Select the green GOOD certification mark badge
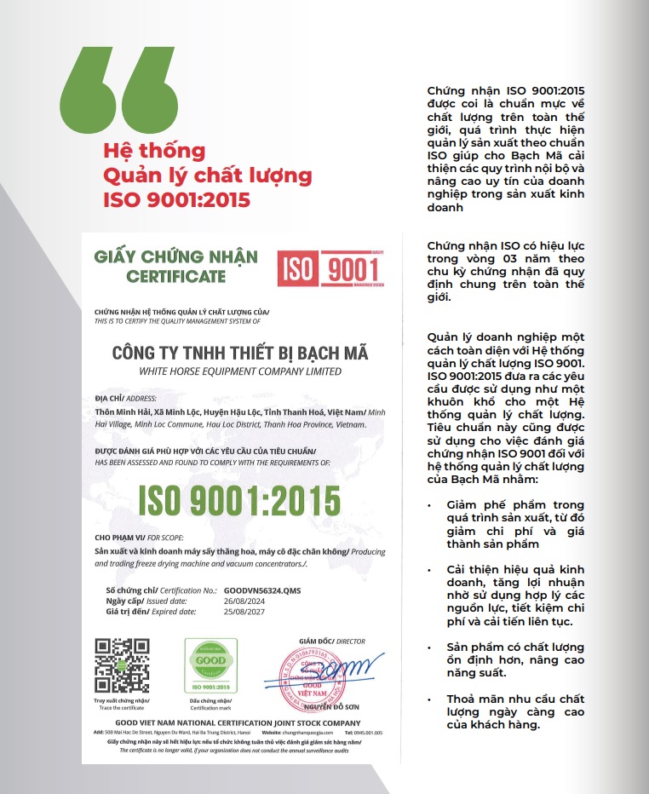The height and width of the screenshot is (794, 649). tap(210, 665)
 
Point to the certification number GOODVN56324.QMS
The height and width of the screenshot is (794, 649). tap(262, 590)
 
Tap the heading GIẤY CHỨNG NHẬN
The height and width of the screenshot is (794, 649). tap(176, 256)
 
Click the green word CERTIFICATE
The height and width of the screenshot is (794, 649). tap(176, 276)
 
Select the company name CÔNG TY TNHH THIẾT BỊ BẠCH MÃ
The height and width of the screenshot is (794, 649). tap(240, 353)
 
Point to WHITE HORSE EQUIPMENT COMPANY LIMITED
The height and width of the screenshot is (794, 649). tap(240, 371)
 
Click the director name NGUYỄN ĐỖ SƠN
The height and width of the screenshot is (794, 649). tap(324, 706)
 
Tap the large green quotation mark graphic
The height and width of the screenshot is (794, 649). tap(121, 93)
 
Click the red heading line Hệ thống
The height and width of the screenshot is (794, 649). tap(154, 152)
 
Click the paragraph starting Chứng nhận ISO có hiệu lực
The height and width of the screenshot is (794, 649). tap(506, 272)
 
